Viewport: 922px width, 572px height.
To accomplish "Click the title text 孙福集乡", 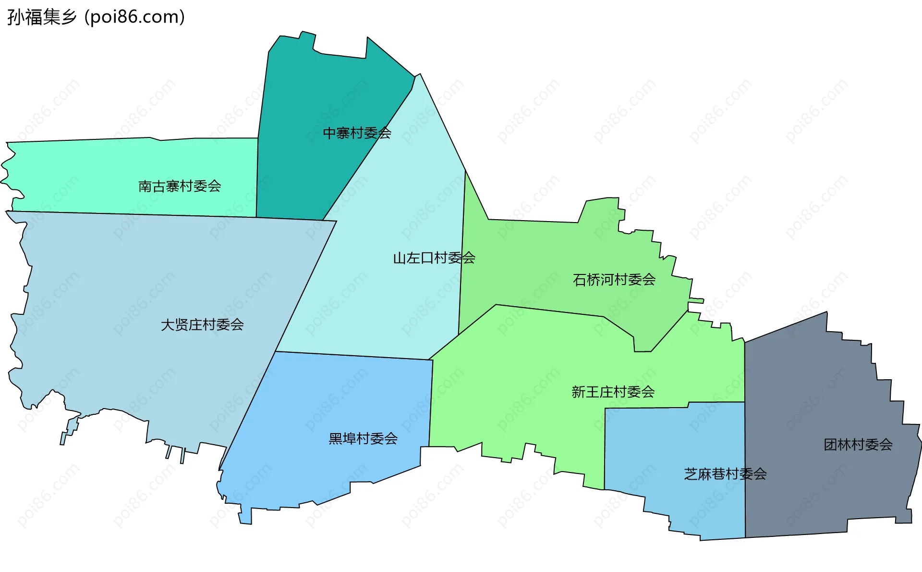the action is coord(42,17).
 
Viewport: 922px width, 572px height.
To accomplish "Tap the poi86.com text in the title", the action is coord(134,17).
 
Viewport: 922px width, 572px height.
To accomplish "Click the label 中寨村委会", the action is coord(357,133).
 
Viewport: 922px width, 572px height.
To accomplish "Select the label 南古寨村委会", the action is coord(180,186).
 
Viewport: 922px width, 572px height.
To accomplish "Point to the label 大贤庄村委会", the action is coord(202,325).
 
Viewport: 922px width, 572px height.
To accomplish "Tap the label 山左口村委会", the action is coord(434,258).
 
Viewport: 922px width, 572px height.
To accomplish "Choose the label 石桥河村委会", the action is coord(614,280).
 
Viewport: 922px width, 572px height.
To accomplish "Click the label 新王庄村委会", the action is coord(613,392).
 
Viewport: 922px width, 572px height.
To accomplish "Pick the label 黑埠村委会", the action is coord(363,438).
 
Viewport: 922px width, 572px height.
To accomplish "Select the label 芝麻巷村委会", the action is coord(725,474).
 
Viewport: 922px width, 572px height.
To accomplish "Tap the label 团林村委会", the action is coord(858,445).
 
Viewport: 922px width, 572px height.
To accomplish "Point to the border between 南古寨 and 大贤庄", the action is coord(144,214).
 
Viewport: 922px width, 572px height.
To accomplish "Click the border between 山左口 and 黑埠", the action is coord(355,356).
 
